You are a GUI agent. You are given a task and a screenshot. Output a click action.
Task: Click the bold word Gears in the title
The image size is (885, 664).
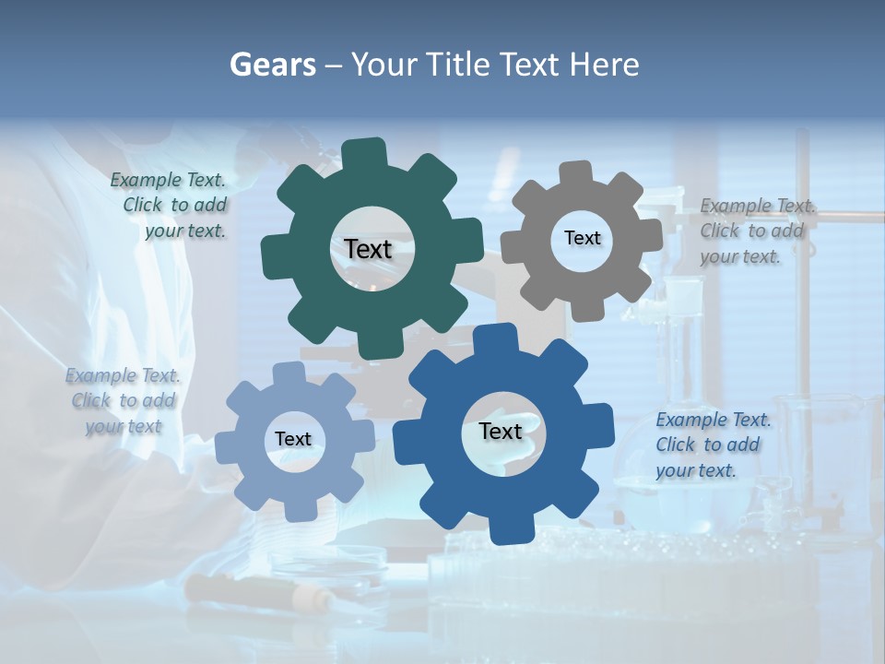click(272, 65)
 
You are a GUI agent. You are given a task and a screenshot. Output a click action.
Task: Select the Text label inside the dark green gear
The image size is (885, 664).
click(369, 249)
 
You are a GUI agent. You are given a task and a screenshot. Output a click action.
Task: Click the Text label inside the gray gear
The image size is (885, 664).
click(583, 238)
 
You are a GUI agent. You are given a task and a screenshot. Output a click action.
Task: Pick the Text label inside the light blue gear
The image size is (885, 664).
click(293, 439)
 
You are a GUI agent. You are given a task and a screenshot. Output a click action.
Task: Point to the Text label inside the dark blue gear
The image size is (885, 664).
click(501, 431)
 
